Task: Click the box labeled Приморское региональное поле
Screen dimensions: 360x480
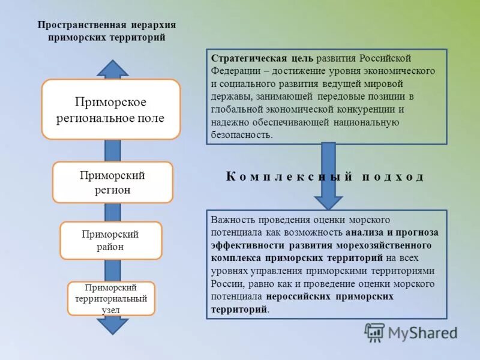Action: coord(110,109)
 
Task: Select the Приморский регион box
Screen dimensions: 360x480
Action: coord(113,182)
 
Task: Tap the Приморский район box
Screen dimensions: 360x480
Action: coord(110,240)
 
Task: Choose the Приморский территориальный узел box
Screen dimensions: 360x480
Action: coord(111,298)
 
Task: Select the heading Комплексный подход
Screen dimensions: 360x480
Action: coord(325,176)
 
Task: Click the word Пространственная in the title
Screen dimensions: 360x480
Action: coord(82,25)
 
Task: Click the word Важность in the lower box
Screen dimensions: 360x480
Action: coord(232,220)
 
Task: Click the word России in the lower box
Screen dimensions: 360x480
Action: coord(227,284)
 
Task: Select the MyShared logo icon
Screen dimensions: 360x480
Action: coord(374,332)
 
